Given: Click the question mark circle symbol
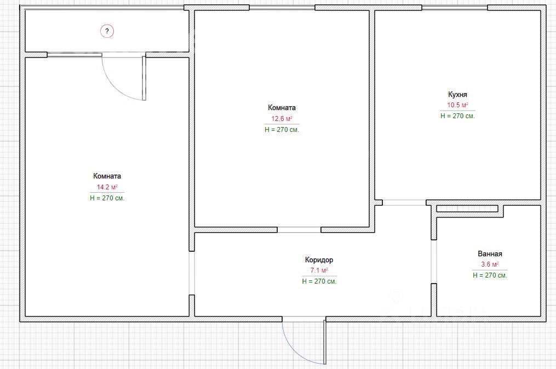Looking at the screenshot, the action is click(107, 31).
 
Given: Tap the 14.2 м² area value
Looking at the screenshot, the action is click(107, 187).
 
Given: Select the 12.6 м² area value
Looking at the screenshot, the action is click(282, 119).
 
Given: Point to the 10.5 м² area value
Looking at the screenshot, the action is click(457, 105).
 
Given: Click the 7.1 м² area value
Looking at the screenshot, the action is click(319, 270).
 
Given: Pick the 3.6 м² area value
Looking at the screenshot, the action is click(490, 264).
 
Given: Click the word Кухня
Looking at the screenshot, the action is click(457, 95).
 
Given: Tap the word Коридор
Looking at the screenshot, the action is click(319, 260).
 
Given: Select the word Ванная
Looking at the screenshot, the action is click(490, 254).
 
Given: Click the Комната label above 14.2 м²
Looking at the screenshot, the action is click(107, 176).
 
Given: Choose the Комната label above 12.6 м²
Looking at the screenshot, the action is click(282, 108).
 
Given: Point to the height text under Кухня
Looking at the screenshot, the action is click(457, 116).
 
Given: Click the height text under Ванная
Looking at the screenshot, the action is click(490, 275).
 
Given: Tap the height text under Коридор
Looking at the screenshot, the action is click(319, 281).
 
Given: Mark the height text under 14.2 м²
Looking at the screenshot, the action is click(107, 198).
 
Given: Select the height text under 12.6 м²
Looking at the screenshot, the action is click(282, 130).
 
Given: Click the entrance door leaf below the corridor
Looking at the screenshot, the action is click(324, 342).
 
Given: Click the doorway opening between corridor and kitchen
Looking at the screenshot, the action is click(404, 203).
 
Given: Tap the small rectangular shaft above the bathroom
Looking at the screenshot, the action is click(467, 209).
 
